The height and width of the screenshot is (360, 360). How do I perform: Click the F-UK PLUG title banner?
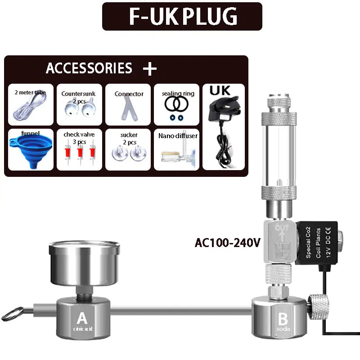click(182, 16)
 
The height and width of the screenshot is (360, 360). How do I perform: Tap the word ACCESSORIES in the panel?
click(89, 68)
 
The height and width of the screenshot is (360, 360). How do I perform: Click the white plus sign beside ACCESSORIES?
click(149, 69)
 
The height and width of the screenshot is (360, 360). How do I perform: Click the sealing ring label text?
click(178, 94)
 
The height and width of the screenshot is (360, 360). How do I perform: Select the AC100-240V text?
click(227, 243)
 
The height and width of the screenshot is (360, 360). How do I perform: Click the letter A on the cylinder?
click(81, 319)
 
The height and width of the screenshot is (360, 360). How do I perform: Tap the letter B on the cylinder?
click(283, 319)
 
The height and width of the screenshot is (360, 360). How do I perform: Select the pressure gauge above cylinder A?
click(84, 263)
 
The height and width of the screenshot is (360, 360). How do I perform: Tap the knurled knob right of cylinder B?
click(319, 306)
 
